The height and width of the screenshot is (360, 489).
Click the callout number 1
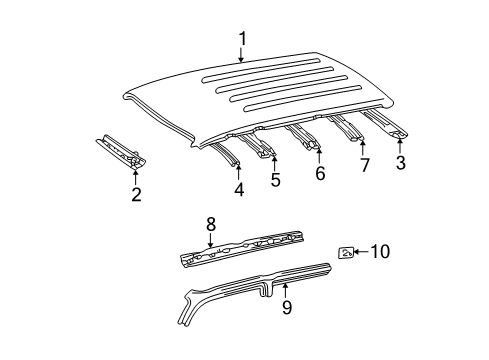pyautogui.click(x=241, y=38)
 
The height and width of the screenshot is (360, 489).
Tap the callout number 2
pyautogui.click(x=136, y=194)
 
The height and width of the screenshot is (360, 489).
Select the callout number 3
pyautogui.click(x=400, y=164)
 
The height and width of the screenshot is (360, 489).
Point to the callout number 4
pyautogui.click(x=238, y=187)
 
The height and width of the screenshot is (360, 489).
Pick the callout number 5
pyautogui.click(x=275, y=181)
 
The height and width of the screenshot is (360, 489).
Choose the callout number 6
pyautogui.click(x=319, y=173)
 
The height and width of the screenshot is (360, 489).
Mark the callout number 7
pyautogui.click(x=364, y=166)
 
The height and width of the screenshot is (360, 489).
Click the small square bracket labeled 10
pyautogui.click(x=346, y=253)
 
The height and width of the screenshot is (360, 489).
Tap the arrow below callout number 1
pyautogui.click(x=241, y=57)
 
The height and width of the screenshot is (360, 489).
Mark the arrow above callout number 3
pyautogui.click(x=400, y=145)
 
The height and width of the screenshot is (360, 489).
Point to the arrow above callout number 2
pyautogui.click(x=136, y=174)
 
